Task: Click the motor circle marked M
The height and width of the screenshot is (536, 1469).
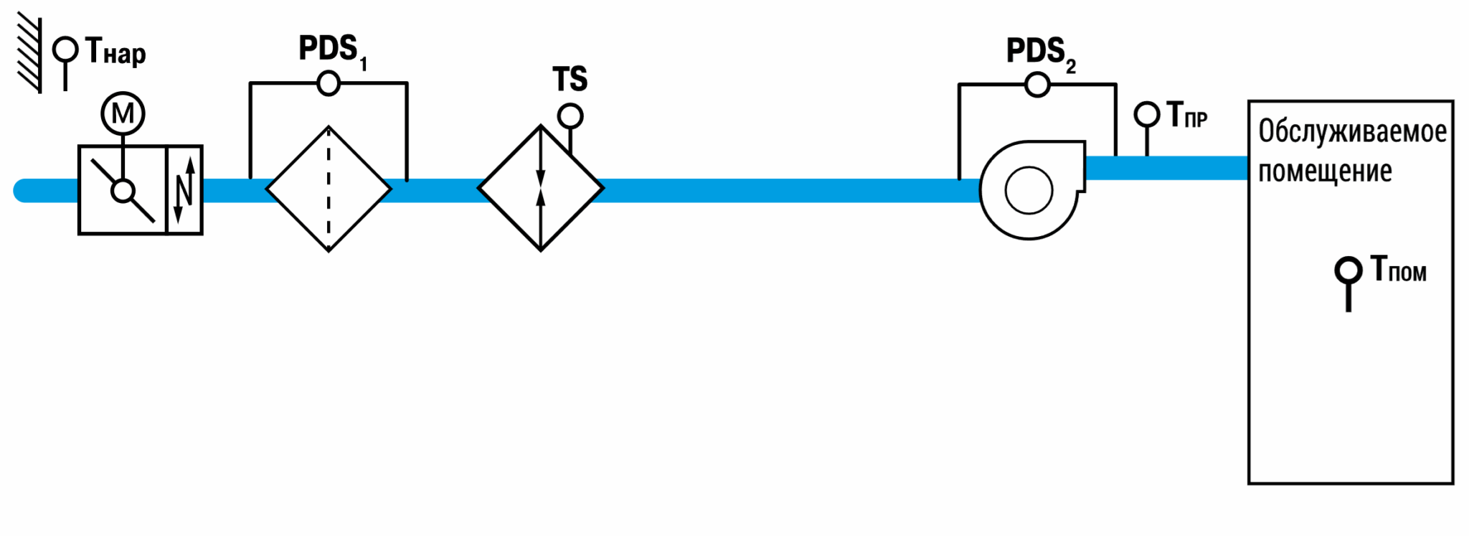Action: pyautogui.click(x=123, y=113)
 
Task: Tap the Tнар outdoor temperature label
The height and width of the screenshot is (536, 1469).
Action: pyautogui.click(x=115, y=52)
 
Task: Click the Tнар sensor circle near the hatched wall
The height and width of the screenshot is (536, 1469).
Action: pyautogui.click(x=65, y=50)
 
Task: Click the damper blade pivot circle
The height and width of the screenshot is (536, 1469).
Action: pyautogui.click(x=123, y=191)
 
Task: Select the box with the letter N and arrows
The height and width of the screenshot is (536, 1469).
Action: pyautogui.click(x=184, y=190)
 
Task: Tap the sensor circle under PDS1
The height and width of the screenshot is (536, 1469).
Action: pyautogui.click(x=329, y=84)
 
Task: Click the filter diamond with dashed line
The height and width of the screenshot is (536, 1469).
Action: pyautogui.click(x=329, y=189)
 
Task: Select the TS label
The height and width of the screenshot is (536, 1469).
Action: pyautogui.click(x=570, y=79)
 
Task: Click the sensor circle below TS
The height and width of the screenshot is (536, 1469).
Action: pyautogui.click(x=570, y=116)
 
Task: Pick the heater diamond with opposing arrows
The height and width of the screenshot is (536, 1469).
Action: pyautogui.click(x=541, y=189)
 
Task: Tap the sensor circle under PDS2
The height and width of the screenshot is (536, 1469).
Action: pyautogui.click(x=1037, y=85)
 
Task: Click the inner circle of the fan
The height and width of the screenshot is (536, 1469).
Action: pyautogui.click(x=1029, y=190)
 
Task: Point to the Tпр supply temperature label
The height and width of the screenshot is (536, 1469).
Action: pyautogui.click(x=1186, y=115)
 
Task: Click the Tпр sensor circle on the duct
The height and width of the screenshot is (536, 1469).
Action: pyautogui.click(x=1147, y=114)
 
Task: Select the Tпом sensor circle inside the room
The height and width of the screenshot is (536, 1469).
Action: pyautogui.click(x=1348, y=271)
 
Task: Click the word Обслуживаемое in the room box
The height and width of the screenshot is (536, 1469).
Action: pyautogui.click(x=1353, y=132)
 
